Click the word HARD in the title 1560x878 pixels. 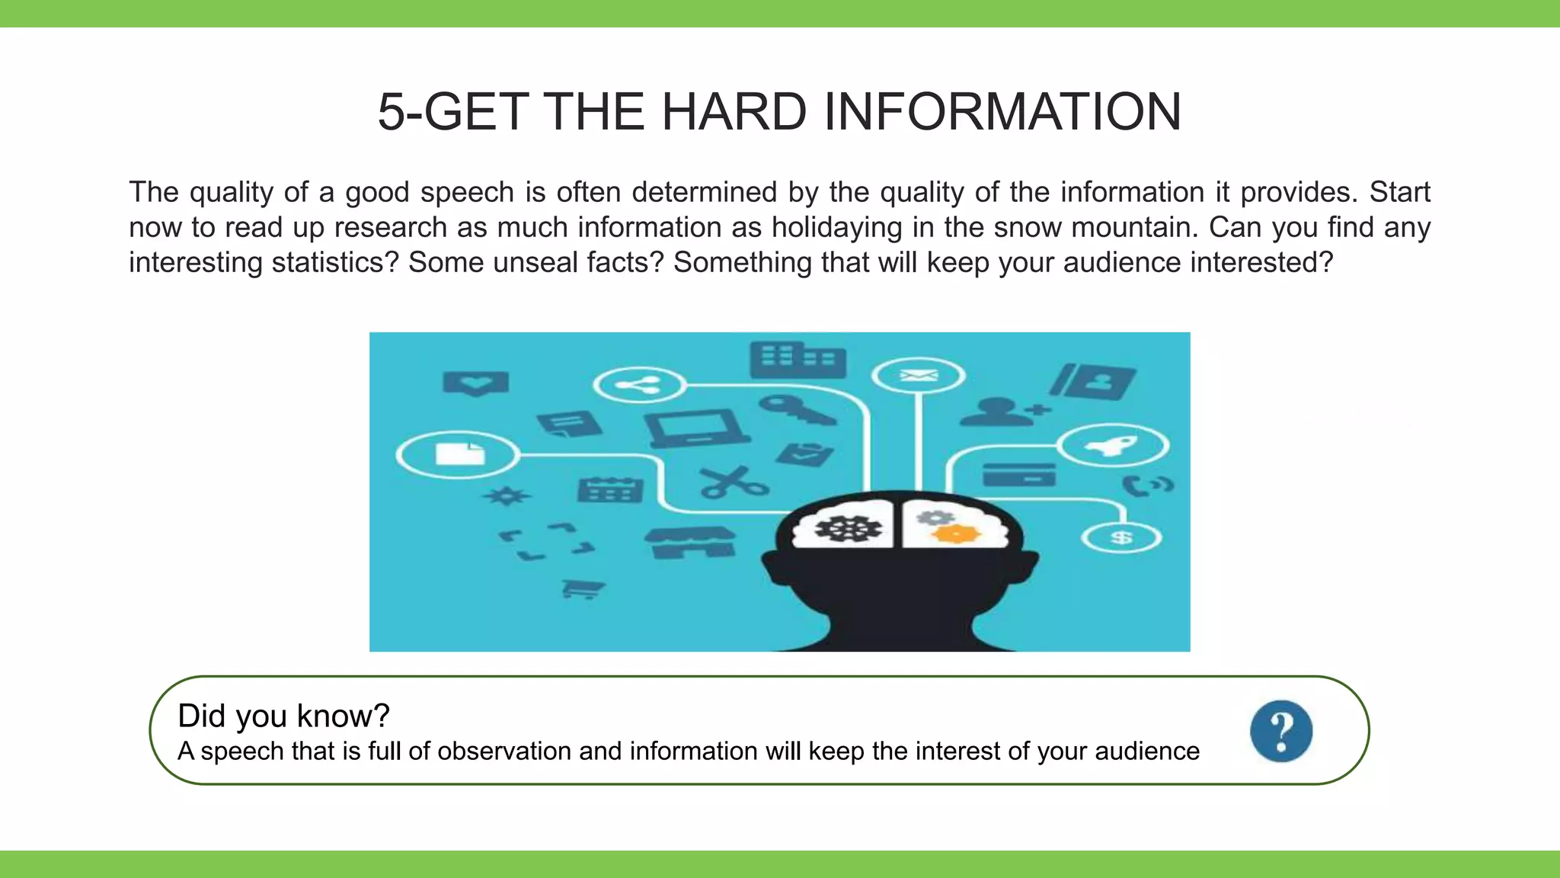coord(734,112)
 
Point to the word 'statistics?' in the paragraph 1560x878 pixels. coord(335,262)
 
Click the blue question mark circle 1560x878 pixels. coord(1281,731)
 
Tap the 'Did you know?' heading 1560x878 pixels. coord(283,716)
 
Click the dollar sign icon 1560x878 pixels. coord(1121,538)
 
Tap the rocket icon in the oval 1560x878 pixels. coord(1113,446)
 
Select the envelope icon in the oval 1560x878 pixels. coord(918,376)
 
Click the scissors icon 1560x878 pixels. coord(733,482)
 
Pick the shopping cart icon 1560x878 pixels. coord(583,588)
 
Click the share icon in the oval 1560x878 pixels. coord(639,385)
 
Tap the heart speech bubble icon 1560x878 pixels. coord(475,382)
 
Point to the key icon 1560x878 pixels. coord(795,409)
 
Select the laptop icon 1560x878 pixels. coord(695,429)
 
